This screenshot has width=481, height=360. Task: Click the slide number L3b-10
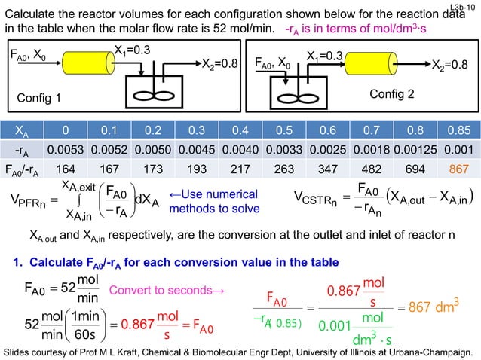(x=464, y=7)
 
